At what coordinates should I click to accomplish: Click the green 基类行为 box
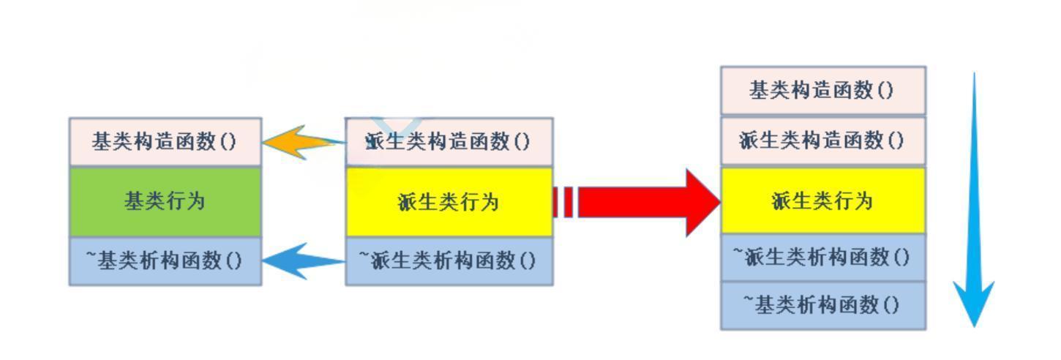tap(165, 201)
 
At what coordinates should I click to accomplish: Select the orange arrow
tap(300, 142)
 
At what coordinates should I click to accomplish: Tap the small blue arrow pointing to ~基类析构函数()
tap(301, 260)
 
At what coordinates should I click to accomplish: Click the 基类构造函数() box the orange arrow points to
tap(165, 141)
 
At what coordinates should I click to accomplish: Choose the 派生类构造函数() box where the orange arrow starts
tap(449, 141)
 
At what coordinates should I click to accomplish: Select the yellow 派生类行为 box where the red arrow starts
tap(449, 201)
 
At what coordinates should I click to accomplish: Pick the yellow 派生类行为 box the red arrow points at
tap(823, 200)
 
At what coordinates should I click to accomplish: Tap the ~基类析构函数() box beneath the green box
tap(165, 260)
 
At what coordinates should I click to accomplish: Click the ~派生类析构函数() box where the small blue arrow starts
tap(449, 260)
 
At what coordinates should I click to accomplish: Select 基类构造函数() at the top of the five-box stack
tap(823, 91)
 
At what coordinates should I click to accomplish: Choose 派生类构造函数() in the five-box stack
tap(823, 140)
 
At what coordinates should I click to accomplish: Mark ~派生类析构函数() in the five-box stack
tap(823, 257)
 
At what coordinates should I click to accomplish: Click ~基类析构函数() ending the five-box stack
tap(823, 304)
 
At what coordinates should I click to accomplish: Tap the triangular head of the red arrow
tap(702, 202)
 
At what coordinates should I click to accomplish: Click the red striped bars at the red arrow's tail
tap(565, 202)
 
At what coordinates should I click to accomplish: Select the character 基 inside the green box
tap(134, 201)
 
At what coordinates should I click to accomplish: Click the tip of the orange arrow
tap(264, 141)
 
